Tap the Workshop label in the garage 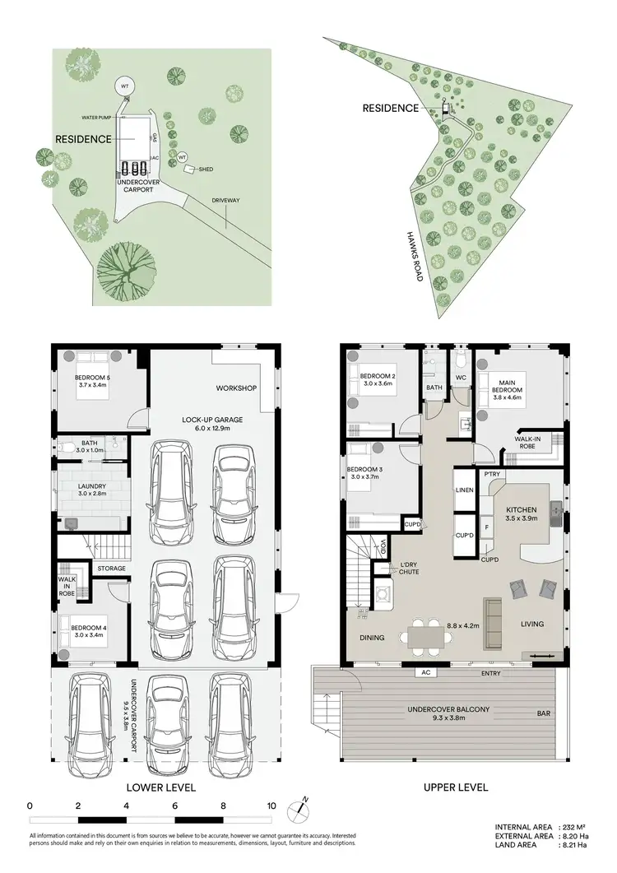(237, 388)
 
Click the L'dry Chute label (410, 568)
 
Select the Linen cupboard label (464, 490)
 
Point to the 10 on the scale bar (271, 806)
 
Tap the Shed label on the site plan (206, 169)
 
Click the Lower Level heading (160, 787)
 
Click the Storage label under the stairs (112, 568)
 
